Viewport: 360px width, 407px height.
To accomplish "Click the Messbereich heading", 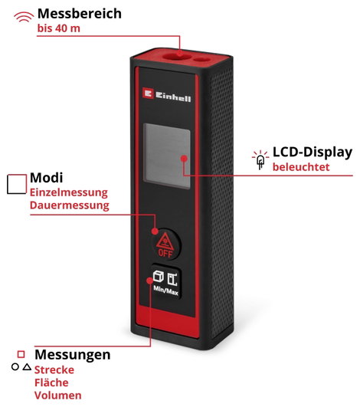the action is tap(80, 14).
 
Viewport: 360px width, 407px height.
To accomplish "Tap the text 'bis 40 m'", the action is tap(59, 28).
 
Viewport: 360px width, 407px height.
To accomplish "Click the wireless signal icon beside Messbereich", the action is tap(24, 17).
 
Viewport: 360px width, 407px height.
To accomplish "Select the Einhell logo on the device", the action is tap(167, 95).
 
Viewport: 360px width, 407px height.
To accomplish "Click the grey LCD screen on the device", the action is tap(167, 156).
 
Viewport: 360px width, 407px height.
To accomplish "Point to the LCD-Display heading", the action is tap(313, 153).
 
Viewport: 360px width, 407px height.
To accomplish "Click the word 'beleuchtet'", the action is tap(301, 166).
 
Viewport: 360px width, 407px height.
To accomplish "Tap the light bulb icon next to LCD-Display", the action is tap(260, 160).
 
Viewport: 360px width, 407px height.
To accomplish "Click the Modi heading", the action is tap(47, 178).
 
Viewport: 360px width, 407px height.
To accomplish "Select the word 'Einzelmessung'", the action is tap(68, 192).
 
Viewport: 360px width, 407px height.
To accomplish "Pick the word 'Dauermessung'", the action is tap(70, 205).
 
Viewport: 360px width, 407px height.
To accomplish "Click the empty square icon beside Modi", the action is tap(17, 184).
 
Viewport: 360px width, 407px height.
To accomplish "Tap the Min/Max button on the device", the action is tap(166, 281).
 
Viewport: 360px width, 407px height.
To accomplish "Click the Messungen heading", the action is tap(73, 355).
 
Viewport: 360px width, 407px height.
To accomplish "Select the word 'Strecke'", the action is tap(54, 370).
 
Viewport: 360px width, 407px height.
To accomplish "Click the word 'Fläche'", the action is tap(51, 382).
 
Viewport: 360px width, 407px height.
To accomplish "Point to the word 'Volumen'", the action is tap(58, 396).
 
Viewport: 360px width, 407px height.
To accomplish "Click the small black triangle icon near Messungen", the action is tap(27, 367).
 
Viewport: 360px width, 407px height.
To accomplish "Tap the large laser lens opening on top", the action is tap(173, 56).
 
